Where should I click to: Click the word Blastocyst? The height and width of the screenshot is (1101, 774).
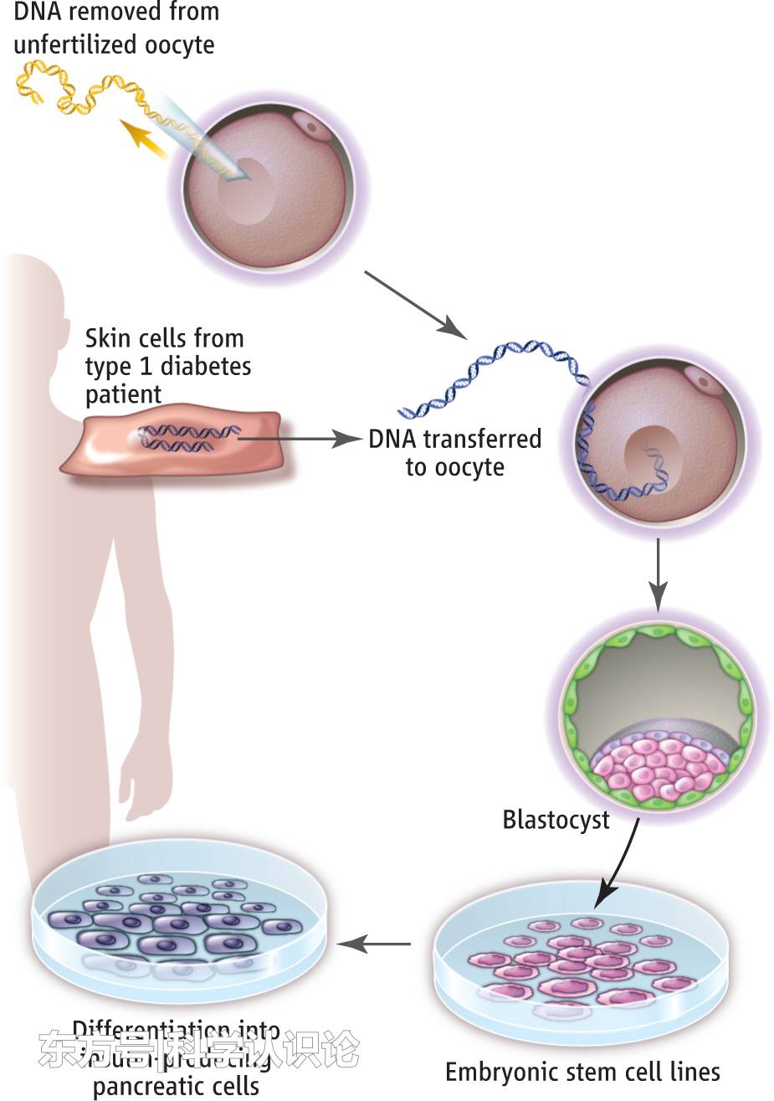[556, 819]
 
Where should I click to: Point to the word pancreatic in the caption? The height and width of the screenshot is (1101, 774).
[176, 1087]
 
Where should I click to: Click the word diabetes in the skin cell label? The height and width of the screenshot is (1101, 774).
[206, 366]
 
